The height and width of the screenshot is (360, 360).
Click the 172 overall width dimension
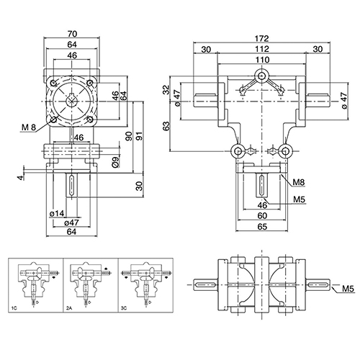coord(261,38)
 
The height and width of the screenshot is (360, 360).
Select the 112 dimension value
coord(261,49)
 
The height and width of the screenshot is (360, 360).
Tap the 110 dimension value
coord(262,60)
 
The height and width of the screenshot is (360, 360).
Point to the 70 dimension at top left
coord(72,34)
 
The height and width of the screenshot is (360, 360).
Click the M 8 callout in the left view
coord(29,127)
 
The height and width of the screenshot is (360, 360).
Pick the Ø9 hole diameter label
coord(115,162)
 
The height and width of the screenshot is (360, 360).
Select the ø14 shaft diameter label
coord(57,213)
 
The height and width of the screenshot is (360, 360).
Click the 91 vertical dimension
coord(139,136)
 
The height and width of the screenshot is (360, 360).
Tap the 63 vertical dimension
coord(166,126)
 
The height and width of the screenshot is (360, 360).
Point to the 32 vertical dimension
coord(166,90)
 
